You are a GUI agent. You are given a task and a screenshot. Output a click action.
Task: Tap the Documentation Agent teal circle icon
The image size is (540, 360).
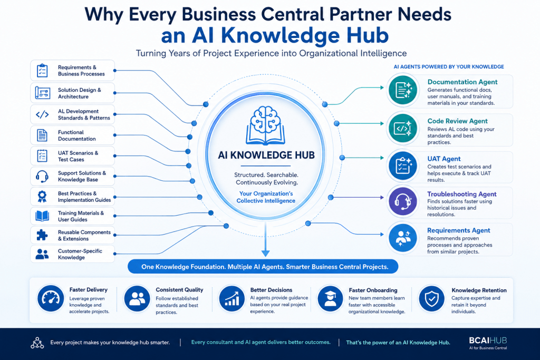point(402,90)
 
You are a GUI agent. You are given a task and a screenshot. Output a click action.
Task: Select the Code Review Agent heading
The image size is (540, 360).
point(457,121)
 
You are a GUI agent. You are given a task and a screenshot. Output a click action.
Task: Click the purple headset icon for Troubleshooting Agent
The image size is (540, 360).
point(402,201)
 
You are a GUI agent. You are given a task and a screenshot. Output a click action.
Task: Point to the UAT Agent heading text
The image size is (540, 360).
point(444,159)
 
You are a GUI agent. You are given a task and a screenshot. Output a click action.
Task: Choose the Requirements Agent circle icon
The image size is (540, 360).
point(402,238)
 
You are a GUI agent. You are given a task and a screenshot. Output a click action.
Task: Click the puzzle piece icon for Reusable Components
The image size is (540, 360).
point(42,235)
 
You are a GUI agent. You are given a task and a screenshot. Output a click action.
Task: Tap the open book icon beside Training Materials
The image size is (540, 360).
point(42,216)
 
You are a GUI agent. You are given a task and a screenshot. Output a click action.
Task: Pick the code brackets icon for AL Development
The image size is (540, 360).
point(42,114)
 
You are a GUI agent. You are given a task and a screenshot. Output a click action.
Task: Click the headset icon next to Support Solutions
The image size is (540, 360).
point(42,176)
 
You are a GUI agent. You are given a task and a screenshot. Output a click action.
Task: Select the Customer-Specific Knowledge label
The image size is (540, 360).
point(80,254)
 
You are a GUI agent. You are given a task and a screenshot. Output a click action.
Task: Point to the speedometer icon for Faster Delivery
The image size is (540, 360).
point(51,298)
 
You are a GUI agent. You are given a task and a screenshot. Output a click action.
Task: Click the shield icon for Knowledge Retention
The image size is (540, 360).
point(431,298)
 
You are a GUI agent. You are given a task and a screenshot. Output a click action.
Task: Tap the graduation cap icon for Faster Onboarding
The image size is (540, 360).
point(330,298)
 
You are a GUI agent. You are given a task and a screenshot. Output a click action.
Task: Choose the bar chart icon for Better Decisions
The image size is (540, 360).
point(232,298)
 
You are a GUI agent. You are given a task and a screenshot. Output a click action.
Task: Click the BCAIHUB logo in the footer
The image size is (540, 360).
point(488,343)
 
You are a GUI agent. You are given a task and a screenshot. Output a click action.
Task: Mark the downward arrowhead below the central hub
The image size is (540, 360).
point(265,253)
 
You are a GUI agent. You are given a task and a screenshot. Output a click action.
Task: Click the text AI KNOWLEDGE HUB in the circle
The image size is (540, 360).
point(266,155)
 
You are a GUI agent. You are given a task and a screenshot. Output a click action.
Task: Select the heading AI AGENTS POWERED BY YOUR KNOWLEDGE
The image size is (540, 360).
point(449,67)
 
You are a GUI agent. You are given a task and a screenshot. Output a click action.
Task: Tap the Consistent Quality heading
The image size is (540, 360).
point(179,290)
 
